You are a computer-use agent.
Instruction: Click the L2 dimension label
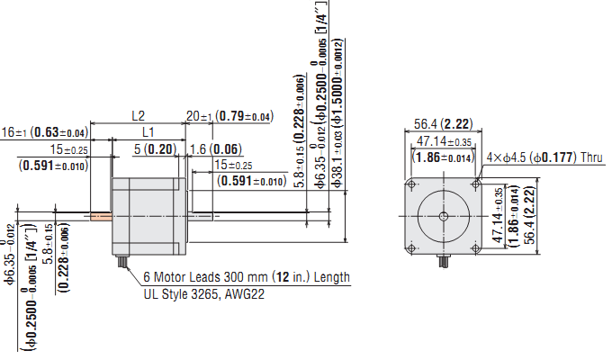coord(138,116)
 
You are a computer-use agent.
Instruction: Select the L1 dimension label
coord(148,132)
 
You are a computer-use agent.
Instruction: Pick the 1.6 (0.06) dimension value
coord(215,148)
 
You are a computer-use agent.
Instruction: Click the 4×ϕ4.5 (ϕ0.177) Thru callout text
coord(544,157)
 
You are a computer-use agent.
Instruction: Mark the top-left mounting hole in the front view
coord(412,185)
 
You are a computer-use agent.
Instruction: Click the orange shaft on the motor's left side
coord(100,216)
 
